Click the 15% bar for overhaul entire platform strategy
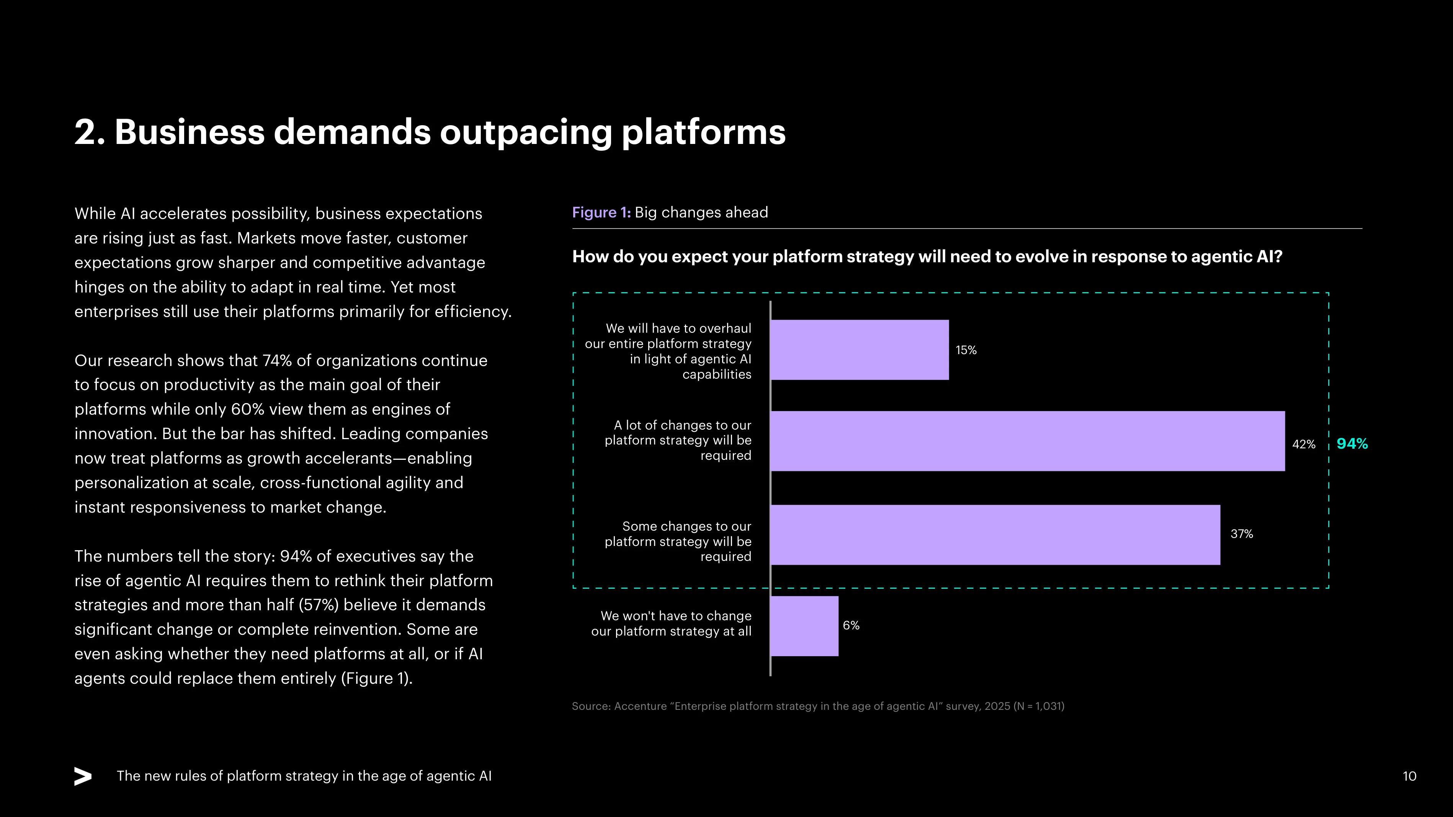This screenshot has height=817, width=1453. tap(860, 350)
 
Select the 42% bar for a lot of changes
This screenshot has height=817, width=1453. tap(1028, 441)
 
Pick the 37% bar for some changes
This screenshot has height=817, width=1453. tap(995, 534)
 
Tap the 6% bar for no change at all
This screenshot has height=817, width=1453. tap(805, 626)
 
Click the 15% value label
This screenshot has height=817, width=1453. tap(966, 350)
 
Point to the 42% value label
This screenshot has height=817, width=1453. tap(1304, 444)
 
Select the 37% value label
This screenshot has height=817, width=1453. tap(1242, 534)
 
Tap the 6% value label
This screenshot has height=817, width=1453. tap(851, 625)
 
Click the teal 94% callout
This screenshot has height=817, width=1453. tap(1352, 444)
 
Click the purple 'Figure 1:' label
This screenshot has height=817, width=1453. tap(601, 212)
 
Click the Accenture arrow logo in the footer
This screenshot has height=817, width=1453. tap(83, 776)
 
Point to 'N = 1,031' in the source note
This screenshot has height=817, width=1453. tap(1038, 706)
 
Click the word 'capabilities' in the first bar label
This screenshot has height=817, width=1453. tap(716, 374)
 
